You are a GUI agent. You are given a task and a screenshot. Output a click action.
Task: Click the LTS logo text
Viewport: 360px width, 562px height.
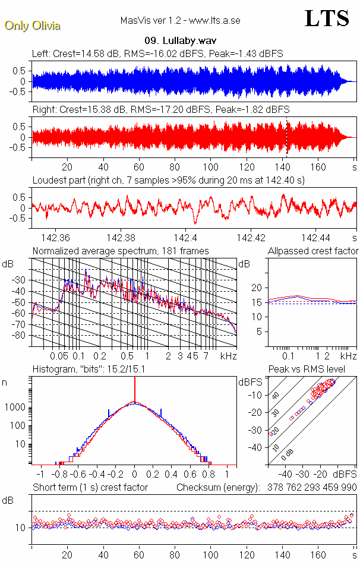click(327, 18)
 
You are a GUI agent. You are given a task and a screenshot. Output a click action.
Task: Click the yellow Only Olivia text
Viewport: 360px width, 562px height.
click(32, 26)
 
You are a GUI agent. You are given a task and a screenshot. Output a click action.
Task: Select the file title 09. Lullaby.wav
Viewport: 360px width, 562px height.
click(180, 41)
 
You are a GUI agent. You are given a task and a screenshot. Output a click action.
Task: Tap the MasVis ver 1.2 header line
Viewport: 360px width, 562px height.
click(180, 20)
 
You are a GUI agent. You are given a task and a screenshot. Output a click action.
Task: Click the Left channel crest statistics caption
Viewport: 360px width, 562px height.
click(157, 53)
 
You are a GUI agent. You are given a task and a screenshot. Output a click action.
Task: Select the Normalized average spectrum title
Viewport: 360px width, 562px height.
click(121, 251)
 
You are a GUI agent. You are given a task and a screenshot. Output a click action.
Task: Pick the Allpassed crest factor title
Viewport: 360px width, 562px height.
click(313, 251)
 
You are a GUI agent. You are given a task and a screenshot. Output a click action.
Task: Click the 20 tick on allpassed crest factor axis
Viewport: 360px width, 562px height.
click(258, 288)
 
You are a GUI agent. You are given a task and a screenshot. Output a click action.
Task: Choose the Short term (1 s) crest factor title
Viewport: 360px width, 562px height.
click(90, 488)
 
